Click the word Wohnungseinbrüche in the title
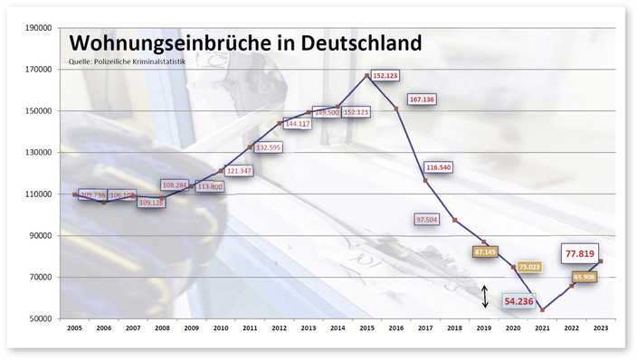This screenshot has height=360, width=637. point(166,43)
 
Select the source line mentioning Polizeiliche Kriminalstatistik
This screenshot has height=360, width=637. point(126,62)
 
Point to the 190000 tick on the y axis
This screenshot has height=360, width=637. point(37,27)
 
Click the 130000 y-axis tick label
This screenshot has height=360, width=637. point(37,152)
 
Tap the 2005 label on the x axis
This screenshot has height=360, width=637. point(75,329)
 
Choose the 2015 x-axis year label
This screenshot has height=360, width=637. point(366,329)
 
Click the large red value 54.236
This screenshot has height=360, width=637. point(518,301)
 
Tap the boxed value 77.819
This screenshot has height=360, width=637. point(582,255)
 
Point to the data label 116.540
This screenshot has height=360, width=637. point(438,167)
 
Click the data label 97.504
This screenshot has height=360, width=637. point(426,219)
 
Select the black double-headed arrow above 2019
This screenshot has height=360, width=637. point(484,296)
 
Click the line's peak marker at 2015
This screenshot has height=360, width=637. point(366,75)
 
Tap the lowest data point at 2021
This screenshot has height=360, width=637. point(542,310)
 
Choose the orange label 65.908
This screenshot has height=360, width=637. point(582,278)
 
